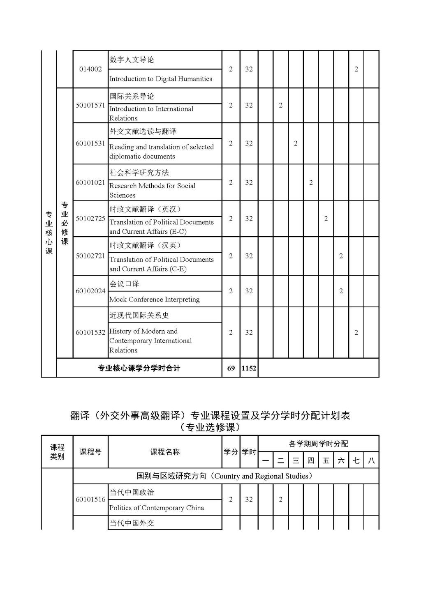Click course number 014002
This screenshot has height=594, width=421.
click(90, 69)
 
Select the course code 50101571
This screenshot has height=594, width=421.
click(90, 105)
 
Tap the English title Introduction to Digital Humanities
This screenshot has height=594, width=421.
click(161, 79)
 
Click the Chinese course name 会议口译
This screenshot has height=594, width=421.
click(124, 284)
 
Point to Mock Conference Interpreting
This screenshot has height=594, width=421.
click(155, 299)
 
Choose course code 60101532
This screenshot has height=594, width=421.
click(90, 332)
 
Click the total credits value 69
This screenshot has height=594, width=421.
click(231, 368)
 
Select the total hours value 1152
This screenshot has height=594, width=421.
click(249, 368)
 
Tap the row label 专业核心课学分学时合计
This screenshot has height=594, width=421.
click(139, 368)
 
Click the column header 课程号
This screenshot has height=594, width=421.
click(90, 452)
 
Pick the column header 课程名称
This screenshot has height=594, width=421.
click(165, 452)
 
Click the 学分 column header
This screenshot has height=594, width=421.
click(231, 452)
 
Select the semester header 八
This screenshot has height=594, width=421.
click(371, 460)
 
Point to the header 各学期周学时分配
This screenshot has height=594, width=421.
click(318, 444)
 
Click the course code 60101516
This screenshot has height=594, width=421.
click(90, 500)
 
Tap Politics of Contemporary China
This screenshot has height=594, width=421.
click(157, 508)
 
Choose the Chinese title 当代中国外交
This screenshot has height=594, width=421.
click(132, 523)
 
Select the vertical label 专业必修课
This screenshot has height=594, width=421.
click(65, 223)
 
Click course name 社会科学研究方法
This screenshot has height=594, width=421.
click(139, 173)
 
